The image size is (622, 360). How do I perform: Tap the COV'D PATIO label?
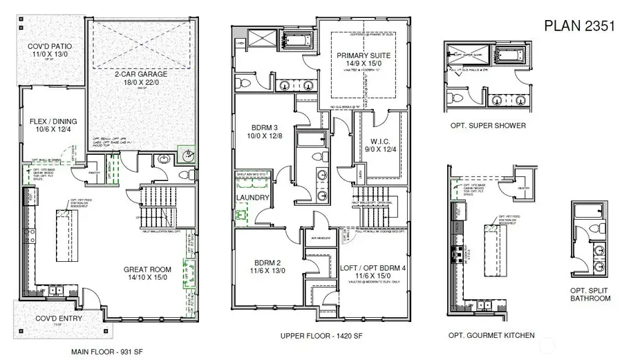click(50, 47)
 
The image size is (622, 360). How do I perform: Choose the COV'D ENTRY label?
click(59, 319)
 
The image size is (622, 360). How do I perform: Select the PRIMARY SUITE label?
click(364, 55)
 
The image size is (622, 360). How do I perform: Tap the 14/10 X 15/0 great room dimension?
click(151, 278)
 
